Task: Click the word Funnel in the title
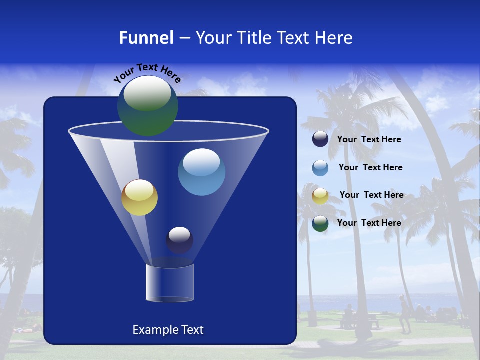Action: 146,38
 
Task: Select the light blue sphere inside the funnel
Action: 201,172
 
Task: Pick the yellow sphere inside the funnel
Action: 139,197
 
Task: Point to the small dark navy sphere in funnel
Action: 179,240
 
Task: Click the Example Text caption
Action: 168,330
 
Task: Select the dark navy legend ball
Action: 320,139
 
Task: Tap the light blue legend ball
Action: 320,168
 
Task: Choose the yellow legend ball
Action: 320,196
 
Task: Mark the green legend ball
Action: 320,223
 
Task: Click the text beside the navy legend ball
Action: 369,140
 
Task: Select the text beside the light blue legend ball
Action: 370,168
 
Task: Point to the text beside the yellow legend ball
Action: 371,195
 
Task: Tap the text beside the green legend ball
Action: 369,223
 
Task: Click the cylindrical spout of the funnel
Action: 170,283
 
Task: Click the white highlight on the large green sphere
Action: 147,93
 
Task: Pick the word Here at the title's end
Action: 334,38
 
